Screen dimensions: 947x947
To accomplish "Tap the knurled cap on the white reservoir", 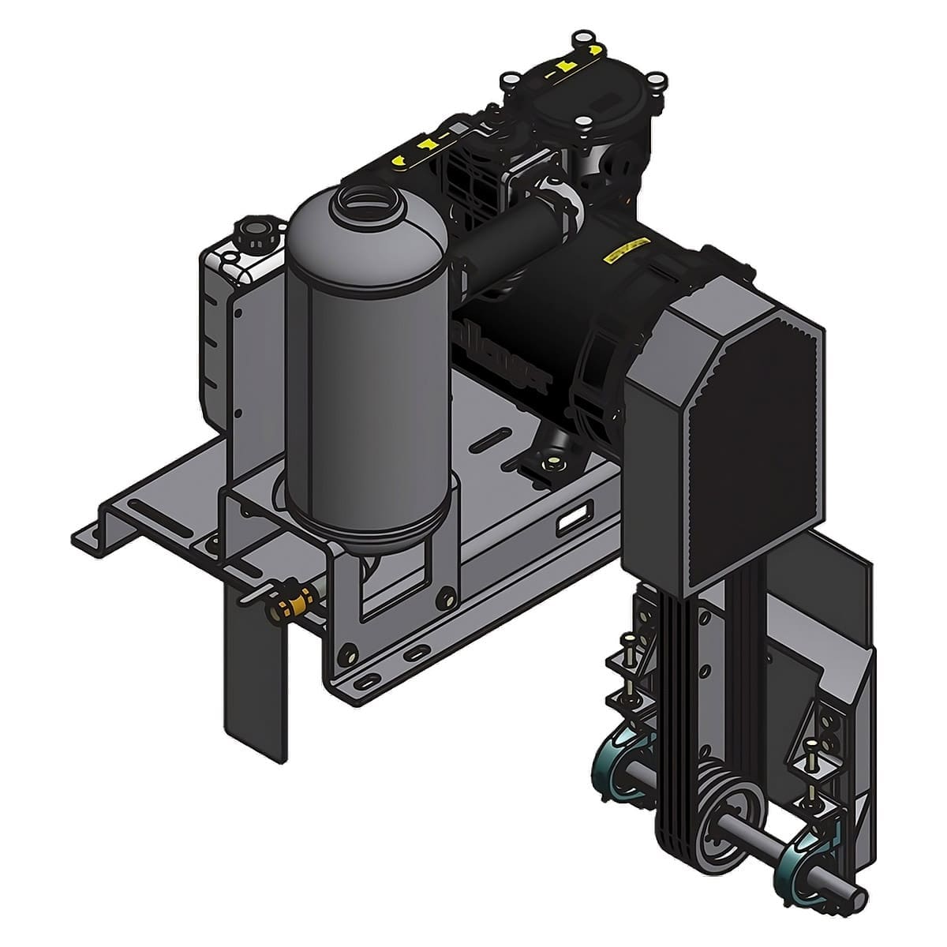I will (x=254, y=233).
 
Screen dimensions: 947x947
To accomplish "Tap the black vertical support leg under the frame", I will (x=253, y=694).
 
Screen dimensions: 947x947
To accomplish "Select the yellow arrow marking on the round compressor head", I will (x=564, y=67).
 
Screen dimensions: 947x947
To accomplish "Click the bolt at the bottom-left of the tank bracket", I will (x=345, y=653).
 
